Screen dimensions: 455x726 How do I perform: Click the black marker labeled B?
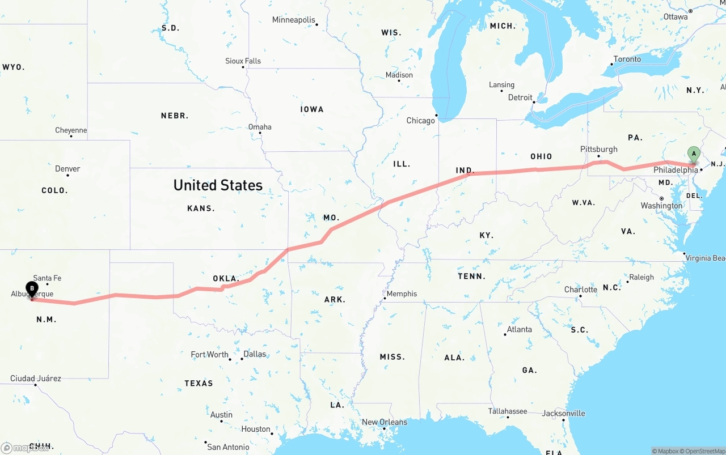tap(32, 289)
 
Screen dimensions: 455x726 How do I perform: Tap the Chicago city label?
tap(420, 121)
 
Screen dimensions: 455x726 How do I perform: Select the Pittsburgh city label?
tap(598, 149)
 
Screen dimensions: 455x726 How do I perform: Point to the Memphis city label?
tap(402, 294)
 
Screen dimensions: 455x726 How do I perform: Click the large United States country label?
tap(218, 185)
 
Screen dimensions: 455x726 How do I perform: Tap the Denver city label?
tap(67, 169)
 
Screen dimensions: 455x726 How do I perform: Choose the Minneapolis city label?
tap(293, 20)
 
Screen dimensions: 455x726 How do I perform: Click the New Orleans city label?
tap(385, 422)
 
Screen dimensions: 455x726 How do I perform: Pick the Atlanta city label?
tap(520, 329)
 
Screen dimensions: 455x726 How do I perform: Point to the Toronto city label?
tap(627, 59)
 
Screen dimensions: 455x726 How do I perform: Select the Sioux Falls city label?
tap(243, 61)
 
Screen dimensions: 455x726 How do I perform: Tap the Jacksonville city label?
tap(563, 413)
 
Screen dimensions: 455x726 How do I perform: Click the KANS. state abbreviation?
tap(201, 209)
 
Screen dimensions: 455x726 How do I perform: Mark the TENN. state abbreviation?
tap(471, 277)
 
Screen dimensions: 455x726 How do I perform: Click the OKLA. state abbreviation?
tap(226, 279)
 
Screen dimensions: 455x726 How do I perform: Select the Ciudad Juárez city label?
tap(35, 379)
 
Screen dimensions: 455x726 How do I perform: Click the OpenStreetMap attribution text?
tap(704, 451)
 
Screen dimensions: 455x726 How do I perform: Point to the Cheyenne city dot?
tap(71, 137)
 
